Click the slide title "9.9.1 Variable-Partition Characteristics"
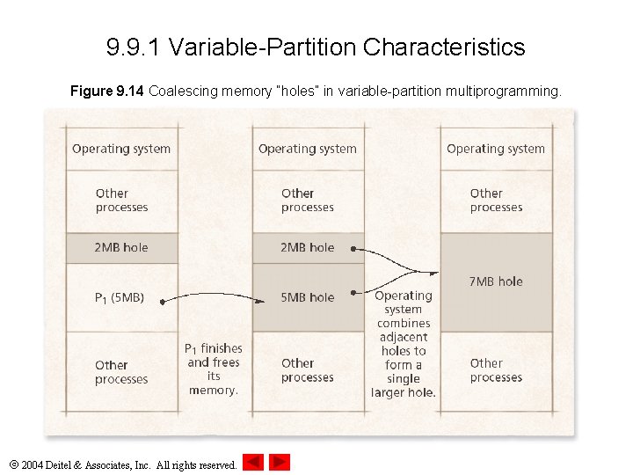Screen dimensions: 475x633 click(316, 47)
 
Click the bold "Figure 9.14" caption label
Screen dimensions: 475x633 click(107, 91)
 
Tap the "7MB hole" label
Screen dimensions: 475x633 click(496, 281)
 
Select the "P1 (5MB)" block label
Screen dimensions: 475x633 click(119, 298)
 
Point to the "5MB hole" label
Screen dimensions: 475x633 click(307, 297)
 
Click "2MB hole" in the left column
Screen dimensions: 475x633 click(121, 247)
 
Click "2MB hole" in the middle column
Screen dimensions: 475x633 click(307, 247)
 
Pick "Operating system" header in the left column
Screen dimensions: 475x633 click(121, 149)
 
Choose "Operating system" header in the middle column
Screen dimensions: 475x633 click(308, 149)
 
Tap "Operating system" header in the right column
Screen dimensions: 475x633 click(496, 149)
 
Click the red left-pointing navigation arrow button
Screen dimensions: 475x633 click(253, 462)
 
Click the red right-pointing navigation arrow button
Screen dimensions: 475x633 click(280, 462)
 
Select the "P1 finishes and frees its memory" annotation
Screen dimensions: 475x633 click(214, 369)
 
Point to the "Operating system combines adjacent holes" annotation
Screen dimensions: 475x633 click(403, 344)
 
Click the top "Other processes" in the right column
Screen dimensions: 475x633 click(496, 201)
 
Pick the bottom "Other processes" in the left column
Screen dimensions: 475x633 click(121, 372)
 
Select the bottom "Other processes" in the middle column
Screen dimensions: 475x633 click(308, 370)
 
